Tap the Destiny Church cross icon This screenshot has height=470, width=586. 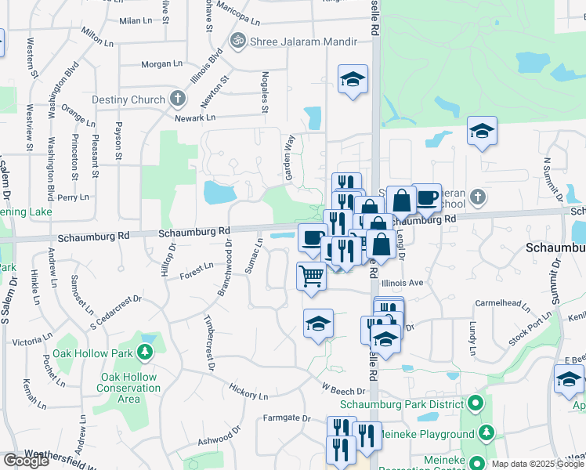[x=178, y=99]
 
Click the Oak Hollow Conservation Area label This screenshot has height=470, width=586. [x=128, y=388]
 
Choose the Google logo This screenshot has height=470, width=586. [x=26, y=461]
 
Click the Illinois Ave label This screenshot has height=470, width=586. [x=403, y=283]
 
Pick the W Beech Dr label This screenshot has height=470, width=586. [x=343, y=389]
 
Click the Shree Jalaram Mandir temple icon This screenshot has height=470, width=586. [x=237, y=40]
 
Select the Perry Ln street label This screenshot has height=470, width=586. [x=74, y=197]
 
